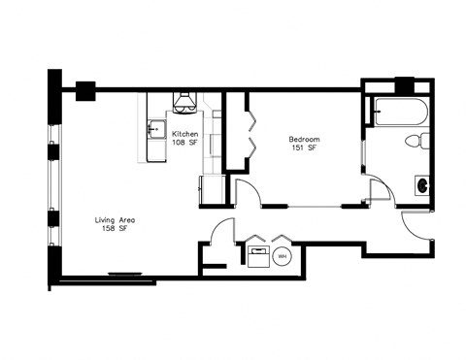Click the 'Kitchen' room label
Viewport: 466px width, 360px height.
coord(185,134)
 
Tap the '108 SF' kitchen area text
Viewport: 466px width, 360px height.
coord(185,144)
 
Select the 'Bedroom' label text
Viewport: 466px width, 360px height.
coord(304,140)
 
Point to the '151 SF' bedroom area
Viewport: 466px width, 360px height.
coord(304,149)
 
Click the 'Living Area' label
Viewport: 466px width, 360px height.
coord(115,221)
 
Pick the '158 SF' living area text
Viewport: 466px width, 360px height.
coord(115,231)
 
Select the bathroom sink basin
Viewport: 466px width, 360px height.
coord(422,182)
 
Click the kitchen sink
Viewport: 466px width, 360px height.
coord(154,127)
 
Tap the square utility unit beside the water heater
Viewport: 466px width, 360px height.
coord(259,256)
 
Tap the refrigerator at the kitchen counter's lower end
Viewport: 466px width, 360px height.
coord(212,190)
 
